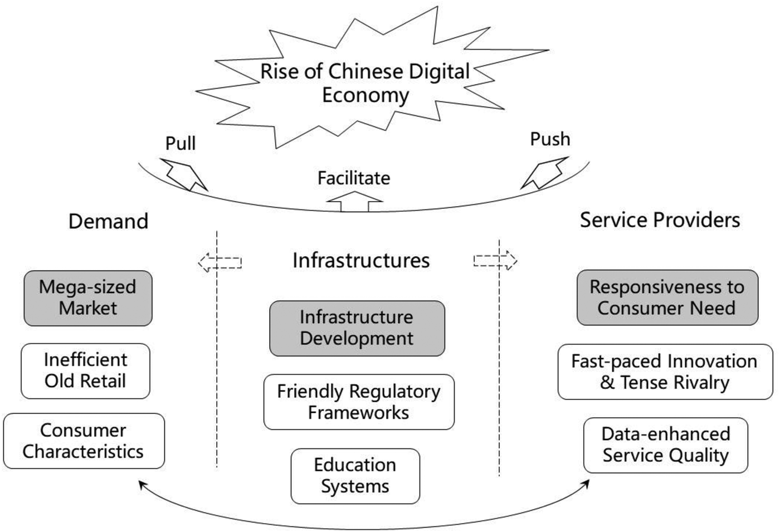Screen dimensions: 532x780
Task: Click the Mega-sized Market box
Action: (x=88, y=298)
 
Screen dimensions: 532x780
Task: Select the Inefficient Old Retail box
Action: (x=85, y=371)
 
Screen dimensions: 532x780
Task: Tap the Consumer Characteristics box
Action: (x=84, y=441)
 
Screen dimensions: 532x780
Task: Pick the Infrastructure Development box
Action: (x=357, y=328)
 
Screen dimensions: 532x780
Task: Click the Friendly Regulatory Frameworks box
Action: (x=359, y=402)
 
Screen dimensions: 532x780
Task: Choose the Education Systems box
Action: (x=355, y=476)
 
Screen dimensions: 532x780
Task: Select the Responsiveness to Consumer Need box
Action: (x=667, y=298)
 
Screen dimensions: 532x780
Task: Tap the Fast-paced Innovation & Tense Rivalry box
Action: (x=665, y=372)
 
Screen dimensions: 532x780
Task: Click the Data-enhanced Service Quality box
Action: (x=666, y=445)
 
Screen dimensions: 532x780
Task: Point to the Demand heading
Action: (x=108, y=221)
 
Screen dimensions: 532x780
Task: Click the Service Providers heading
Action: (x=660, y=220)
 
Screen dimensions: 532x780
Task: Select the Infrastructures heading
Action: (x=361, y=260)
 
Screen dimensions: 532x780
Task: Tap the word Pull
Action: (x=181, y=143)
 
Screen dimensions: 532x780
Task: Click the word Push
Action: (x=550, y=139)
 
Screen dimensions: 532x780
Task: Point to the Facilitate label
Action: (x=354, y=178)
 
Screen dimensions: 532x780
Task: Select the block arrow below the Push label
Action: (x=544, y=173)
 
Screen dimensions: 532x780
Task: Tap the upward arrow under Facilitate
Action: (x=354, y=202)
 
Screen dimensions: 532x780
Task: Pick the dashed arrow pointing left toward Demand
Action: (x=220, y=262)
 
